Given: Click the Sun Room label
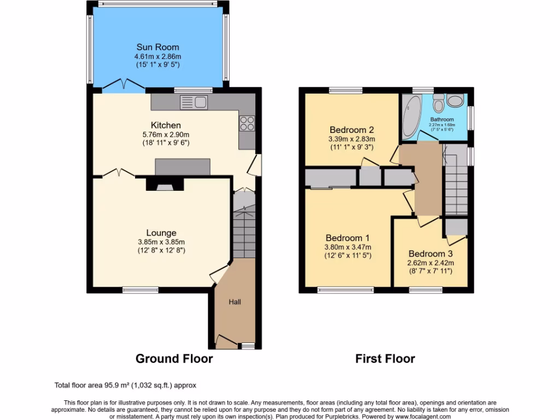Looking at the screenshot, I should click(x=157, y=48).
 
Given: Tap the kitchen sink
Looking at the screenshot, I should click(x=193, y=101).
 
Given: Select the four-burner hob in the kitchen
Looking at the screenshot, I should click(x=246, y=123).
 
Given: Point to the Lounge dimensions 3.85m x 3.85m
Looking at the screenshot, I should click(x=161, y=243).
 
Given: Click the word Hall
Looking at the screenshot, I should click(x=235, y=302).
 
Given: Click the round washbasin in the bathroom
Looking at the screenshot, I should click(x=455, y=101).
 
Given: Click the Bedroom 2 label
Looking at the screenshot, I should click(x=352, y=130).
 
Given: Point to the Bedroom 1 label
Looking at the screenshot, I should click(x=348, y=238).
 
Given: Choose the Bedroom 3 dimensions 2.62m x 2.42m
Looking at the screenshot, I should click(x=430, y=263).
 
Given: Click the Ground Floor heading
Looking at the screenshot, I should click(x=174, y=359).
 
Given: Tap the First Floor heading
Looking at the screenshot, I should click(x=385, y=359).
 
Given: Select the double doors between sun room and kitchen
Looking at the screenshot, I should click(x=121, y=85).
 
